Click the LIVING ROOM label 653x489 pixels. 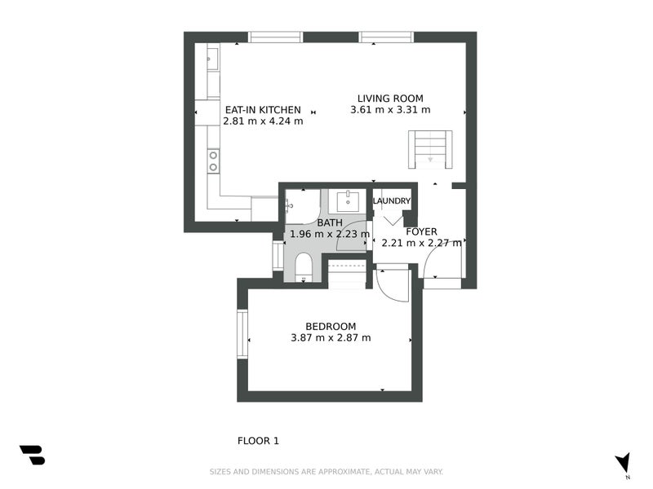tap(390, 99)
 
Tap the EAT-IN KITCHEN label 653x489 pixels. tap(263, 110)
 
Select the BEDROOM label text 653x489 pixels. tap(331, 326)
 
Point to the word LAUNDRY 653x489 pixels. tap(392, 201)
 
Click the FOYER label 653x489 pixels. tap(422, 231)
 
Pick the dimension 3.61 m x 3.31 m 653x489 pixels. tap(390, 110)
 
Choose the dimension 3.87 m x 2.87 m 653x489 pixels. tap(331, 337)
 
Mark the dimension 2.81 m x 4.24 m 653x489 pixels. tap(263, 121)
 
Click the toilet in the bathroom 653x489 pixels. tap(304, 266)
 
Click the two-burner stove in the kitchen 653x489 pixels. tap(213, 161)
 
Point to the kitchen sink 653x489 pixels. tap(212, 56)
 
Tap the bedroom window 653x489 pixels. tap(242, 334)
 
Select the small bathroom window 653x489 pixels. tap(278, 255)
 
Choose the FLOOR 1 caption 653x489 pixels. tap(258, 441)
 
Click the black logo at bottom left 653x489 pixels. tap(32, 455)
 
